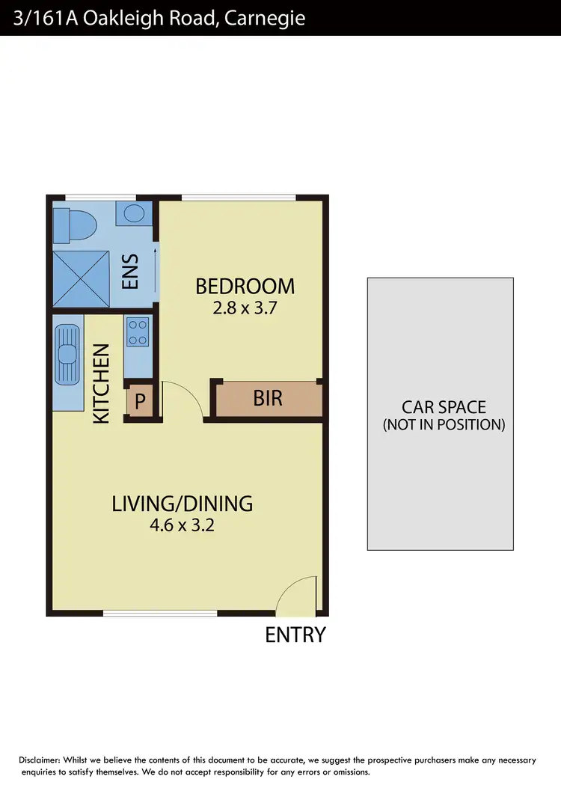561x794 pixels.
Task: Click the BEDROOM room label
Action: [x=245, y=286]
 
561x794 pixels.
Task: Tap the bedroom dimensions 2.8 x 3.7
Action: [x=245, y=307]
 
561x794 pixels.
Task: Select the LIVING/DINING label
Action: [x=182, y=504]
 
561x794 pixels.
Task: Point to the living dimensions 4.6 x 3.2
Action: [x=182, y=525]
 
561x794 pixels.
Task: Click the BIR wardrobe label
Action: [x=268, y=398]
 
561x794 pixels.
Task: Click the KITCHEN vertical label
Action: [x=102, y=383]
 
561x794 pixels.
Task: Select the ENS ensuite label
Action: [x=131, y=272]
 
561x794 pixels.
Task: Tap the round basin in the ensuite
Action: [x=135, y=214]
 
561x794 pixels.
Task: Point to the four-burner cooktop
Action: [x=138, y=332]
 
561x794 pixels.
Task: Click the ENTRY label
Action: [x=295, y=635]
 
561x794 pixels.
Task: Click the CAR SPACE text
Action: [x=444, y=408]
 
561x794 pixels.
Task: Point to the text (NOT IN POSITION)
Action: [x=444, y=425]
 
